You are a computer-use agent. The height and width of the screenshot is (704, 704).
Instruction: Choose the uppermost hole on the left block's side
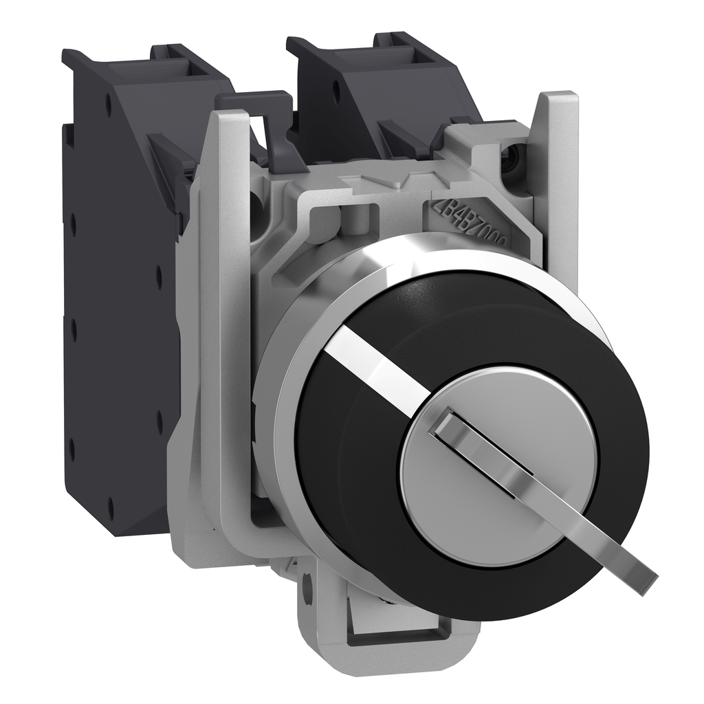[108, 103]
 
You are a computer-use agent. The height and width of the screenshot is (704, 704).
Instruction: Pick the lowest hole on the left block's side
[111, 508]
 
